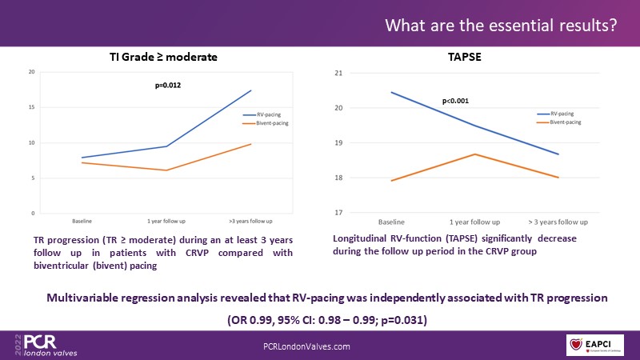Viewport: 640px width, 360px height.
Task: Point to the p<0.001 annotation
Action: (x=455, y=102)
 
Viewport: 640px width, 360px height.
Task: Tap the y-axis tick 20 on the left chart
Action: (x=31, y=73)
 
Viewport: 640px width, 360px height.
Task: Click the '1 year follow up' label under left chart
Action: (x=165, y=220)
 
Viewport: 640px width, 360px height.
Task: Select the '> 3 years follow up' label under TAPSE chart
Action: (x=558, y=222)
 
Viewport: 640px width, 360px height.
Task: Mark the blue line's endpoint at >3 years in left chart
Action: (x=250, y=90)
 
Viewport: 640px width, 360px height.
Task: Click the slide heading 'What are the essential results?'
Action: (x=501, y=26)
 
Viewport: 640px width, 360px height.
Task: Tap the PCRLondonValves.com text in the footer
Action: (x=306, y=345)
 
